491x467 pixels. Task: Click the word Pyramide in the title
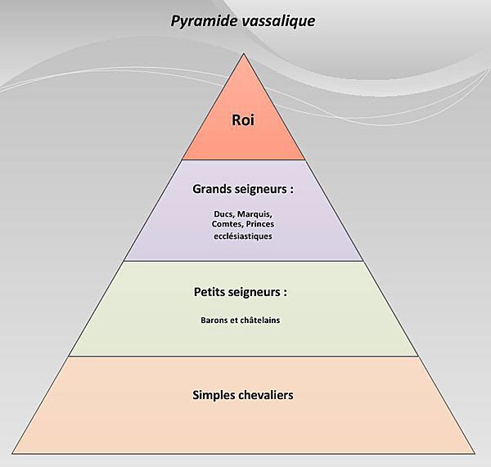pos(204,21)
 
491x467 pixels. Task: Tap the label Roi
pos(243,120)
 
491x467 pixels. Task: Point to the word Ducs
pos(224,214)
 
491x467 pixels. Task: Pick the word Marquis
pos(255,214)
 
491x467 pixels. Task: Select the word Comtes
pos(227,224)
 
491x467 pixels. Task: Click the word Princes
pos(260,224)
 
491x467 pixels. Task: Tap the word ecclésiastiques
pos(243,236)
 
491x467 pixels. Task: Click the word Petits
pos(208,292)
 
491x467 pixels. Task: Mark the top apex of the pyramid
pos(244,54)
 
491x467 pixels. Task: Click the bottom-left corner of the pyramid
pos(12,453)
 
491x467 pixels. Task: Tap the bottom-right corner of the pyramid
pos(475,453)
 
